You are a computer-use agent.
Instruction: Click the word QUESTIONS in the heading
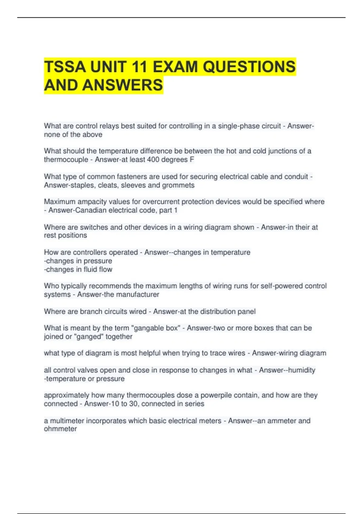249,67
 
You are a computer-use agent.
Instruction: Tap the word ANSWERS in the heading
123,85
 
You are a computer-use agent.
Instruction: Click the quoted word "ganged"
89,337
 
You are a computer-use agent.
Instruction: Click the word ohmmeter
60,429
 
